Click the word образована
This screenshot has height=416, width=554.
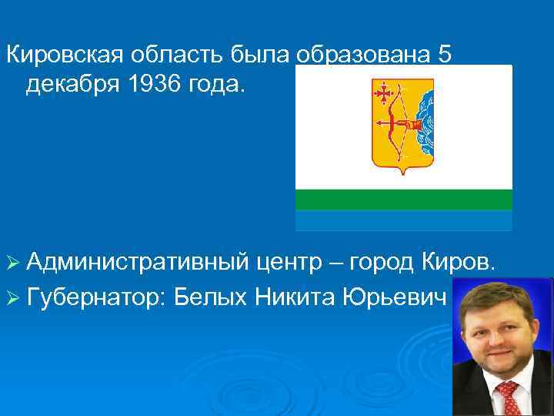355,55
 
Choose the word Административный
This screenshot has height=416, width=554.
136,266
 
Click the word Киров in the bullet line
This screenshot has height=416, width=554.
462,265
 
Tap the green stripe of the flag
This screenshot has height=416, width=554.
404,200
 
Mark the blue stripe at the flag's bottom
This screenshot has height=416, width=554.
404,220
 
